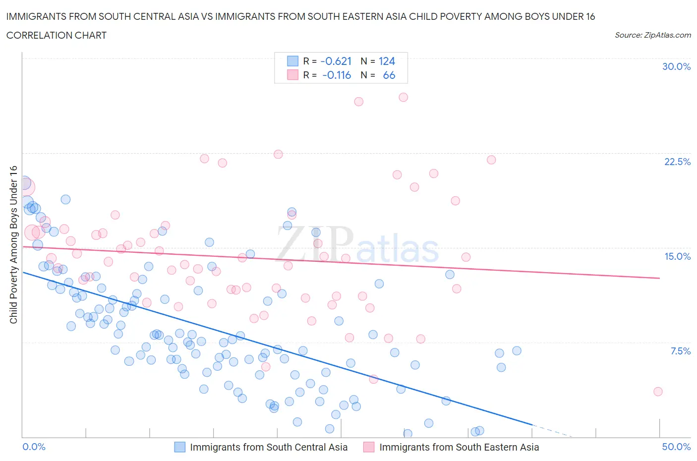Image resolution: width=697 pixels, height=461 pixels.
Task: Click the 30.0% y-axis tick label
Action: tap(676, 66)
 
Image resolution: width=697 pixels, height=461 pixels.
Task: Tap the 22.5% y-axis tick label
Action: tap(677, 162)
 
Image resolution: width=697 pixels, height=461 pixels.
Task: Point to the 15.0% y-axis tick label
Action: tap(677, 256)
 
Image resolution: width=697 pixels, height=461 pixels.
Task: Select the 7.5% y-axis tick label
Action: tap(680, 351)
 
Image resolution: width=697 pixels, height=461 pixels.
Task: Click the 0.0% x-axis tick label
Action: tap(34, 447)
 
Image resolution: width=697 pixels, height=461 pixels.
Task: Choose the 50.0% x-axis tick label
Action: tap(676, 447)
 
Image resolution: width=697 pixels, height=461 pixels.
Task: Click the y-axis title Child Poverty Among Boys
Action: tap(13, 244)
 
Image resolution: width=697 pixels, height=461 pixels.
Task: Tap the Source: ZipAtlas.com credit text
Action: tap(652, 35)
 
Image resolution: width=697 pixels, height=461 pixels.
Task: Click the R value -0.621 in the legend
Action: tap(336, 61)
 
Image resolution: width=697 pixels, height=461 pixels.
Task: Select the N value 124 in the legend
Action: tap(387, 61)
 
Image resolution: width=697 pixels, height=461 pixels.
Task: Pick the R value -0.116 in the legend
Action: tap(337, 75)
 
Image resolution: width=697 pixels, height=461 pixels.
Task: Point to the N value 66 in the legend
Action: tap(389, 75)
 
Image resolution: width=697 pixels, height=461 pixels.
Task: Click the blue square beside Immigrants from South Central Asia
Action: tap(179, 447)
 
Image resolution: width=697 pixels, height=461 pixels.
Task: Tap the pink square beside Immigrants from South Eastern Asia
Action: tap(368, 447)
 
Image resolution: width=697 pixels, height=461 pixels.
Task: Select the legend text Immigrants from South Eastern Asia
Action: tap(459, 447)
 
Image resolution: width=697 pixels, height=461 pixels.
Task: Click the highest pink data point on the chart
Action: tap(403, 97)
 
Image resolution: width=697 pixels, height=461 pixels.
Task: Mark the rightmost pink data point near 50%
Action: tap(658, 392)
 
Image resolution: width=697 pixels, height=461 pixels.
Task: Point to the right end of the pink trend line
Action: tap(659, 278)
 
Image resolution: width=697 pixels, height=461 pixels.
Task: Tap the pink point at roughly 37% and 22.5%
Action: tap(491, 160)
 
